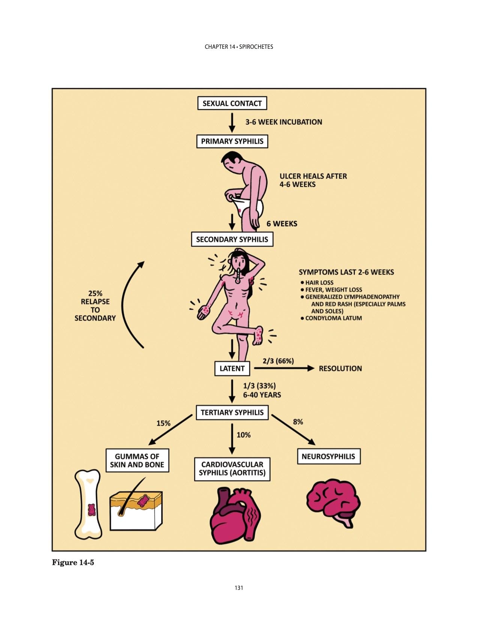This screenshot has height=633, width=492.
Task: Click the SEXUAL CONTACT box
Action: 232,103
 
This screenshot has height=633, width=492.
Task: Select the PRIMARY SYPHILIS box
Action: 232,141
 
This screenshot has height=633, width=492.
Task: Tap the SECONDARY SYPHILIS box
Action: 232,239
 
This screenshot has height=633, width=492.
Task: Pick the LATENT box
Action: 232,368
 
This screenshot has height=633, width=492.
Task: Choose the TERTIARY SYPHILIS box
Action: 232,412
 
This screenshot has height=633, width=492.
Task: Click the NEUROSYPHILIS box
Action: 328,456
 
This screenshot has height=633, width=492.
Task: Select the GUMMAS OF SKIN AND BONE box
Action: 137,460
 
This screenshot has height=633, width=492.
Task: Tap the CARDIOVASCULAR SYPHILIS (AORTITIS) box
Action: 232,469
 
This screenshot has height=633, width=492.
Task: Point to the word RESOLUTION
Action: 340,368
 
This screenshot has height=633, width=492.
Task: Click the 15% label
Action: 163,423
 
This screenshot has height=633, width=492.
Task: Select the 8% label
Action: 298,422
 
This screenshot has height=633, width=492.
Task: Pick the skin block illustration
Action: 136,510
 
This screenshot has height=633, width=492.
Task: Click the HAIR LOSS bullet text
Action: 319,283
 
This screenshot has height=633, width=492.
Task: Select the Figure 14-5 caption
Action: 73,562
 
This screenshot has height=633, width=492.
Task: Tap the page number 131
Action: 239,588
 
